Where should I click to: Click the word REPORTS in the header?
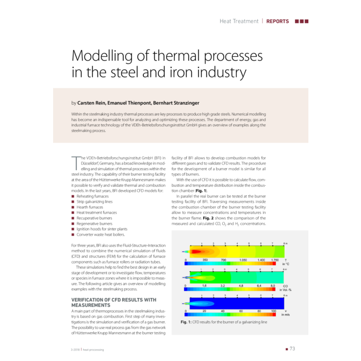[277, 21]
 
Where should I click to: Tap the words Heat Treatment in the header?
[239, 21]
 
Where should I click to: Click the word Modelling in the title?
[103, 56]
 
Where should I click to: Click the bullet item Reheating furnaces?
[94, 195]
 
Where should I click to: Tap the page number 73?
[292, 349]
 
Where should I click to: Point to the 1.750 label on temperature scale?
[274, 260]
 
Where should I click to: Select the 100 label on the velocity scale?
[273, 311]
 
